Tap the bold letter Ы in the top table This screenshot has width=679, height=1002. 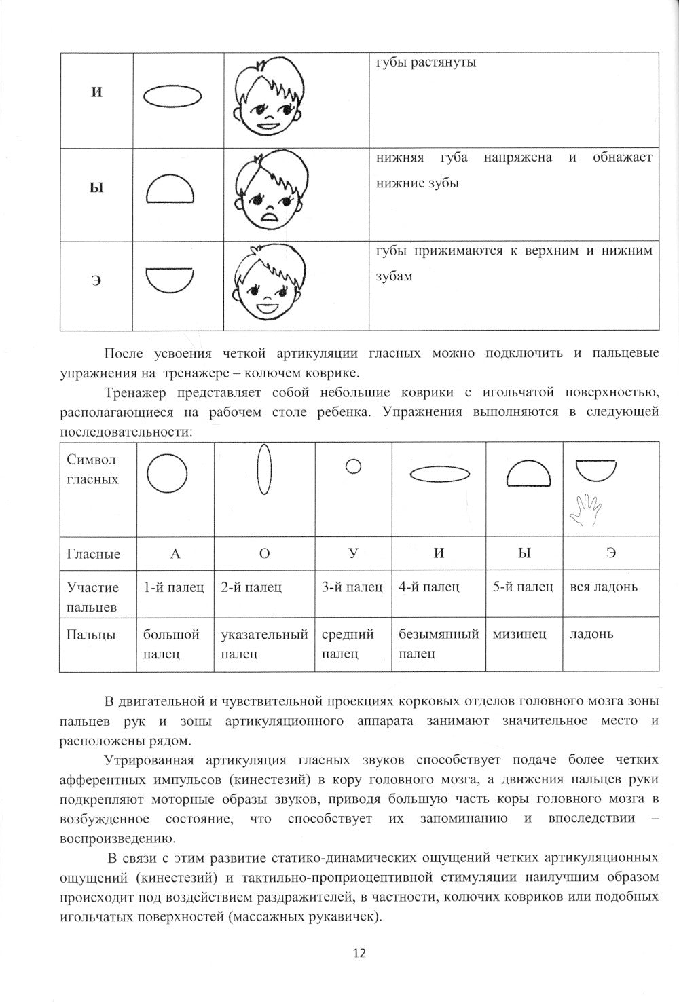96,187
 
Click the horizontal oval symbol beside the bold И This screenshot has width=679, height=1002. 173,96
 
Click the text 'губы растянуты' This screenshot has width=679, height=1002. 426,62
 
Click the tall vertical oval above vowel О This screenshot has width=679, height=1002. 264,470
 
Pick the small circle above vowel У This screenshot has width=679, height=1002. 352,466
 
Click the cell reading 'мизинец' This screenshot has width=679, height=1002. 519,634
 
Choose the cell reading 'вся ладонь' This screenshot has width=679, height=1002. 604,587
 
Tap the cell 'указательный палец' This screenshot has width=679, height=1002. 264,644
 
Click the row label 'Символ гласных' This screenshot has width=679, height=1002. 93,469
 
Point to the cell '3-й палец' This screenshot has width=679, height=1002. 352,587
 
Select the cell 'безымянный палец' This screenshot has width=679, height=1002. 439,644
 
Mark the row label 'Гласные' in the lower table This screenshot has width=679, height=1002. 94,553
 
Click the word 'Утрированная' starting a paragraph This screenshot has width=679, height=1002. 143,760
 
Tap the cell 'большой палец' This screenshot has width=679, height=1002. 171,644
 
